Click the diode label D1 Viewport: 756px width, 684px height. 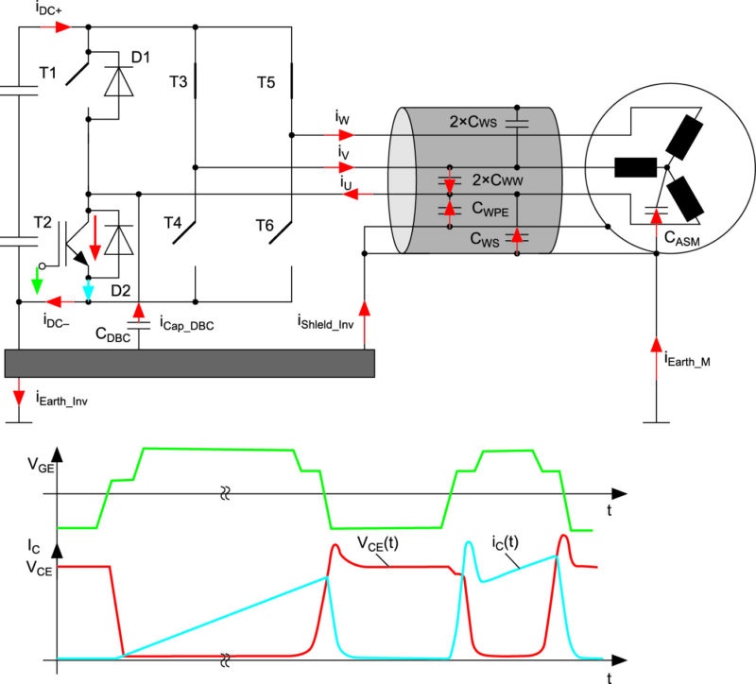[x=141, y=58]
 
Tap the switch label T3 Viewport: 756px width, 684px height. [x=178, y=81]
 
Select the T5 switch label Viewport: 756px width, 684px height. [x=266, y=82]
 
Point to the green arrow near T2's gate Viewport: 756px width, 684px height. [x=37, y=281]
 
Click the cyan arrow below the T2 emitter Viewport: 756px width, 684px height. [x=88, y=289]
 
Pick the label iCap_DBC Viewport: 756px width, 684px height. [x=186, y=324]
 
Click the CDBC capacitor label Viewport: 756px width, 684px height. [x=112, y=334]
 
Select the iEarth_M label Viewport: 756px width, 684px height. [x=687, y=360]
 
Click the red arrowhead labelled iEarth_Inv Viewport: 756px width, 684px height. [x=19, y=397]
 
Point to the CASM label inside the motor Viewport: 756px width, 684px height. [x=681, y=238]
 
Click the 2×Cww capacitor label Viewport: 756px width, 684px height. [x=497, y=180]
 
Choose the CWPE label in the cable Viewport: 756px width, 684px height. [x=490, y=209]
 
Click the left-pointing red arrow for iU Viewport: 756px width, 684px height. [x=357, y=195]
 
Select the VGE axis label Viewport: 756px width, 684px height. [x=41, y=465]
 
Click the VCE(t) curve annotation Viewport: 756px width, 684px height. [x=377, y=544]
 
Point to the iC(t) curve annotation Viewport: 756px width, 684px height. [x=505, y=543]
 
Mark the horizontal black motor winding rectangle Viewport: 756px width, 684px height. [x=635, y=167]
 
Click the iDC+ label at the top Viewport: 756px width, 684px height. [x=48, y=9]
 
